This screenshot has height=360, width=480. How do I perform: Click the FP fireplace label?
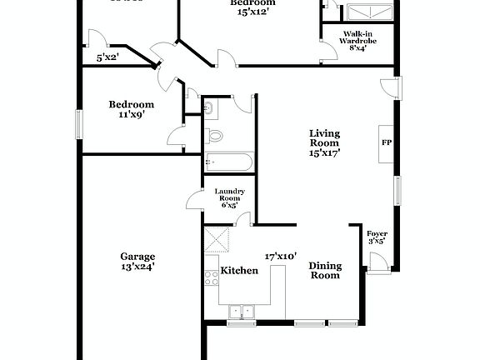[386, 142]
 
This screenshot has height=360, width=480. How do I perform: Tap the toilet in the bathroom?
[214, 134]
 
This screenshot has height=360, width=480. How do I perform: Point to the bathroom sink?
[209, 107]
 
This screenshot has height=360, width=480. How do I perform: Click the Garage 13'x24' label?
[137, 262]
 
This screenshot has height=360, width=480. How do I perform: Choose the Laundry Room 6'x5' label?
[229, 197]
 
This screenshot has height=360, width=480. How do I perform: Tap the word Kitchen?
[238, 271]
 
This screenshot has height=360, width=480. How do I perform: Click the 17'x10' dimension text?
[281, 257]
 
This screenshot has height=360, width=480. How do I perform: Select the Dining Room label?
[325, 270]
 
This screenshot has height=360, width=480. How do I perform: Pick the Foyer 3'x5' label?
[377, 237]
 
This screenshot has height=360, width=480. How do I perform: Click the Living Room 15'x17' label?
[325, 142]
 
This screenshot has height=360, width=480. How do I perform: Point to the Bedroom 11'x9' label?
[132, 109]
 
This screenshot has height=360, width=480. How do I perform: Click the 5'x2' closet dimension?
[107, 57]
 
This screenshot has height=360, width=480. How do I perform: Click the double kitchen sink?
[242, 312]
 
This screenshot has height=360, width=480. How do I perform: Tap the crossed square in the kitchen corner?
[218, 240]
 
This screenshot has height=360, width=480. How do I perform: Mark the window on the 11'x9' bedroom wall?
[80, 124]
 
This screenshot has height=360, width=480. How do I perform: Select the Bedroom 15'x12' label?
[252, 7]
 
